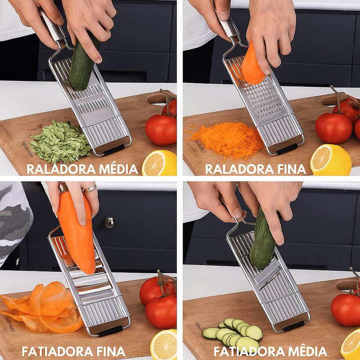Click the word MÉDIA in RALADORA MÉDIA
[x=118, y=169]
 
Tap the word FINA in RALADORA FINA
[x=292, y=170]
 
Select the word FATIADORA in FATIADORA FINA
[x=58, y=351]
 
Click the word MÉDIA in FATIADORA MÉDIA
[x=308, y=351]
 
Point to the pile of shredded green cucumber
[x=60, y=142]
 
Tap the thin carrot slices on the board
[x=41, y=308]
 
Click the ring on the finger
[x=90, y=188]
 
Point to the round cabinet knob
[x=109, y=223]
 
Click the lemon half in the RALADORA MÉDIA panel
[x=160, y=163]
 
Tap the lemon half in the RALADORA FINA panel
[x=331, y=160]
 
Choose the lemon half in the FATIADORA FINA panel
[x=163, y=344]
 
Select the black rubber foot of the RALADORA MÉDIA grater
[x=114, y=150]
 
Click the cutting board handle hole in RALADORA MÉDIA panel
[x=158, y=100]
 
